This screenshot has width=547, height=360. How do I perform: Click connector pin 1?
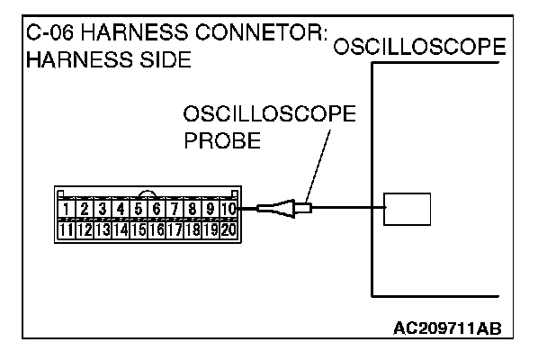coord(67,211)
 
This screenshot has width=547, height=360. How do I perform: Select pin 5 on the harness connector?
coord(139,211)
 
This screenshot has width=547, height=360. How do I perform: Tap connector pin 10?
coord(229,211)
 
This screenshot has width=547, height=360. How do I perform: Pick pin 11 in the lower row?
coord(67,229)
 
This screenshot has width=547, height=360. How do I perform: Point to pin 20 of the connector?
coord(229,229)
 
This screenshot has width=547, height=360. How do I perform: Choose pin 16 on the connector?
coord(157,229)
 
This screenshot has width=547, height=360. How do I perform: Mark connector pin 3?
coord(103,211)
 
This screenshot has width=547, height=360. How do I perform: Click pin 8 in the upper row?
coord(193,211)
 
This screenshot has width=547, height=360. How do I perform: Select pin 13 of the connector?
coord(103,229)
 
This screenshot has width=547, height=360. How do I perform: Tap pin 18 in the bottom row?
coord(193,229)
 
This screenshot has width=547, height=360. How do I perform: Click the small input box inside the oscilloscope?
coord(406,210)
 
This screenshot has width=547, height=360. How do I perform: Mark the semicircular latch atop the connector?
coord(148,192)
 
